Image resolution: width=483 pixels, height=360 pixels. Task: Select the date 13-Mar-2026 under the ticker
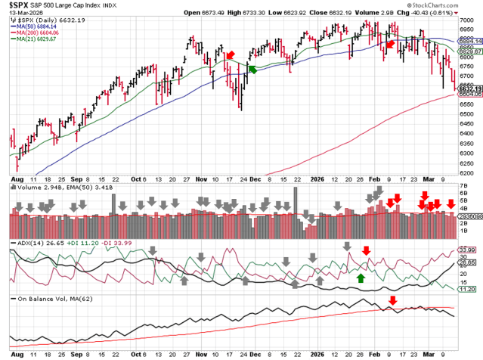click(20, 13)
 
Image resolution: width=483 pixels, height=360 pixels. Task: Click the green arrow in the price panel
click(253, 70)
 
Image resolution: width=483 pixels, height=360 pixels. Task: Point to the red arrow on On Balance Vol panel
click(392, 301)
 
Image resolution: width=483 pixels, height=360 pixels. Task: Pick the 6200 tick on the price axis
click(469, 172)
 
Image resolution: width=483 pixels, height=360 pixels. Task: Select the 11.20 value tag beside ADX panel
click(469, 289)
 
